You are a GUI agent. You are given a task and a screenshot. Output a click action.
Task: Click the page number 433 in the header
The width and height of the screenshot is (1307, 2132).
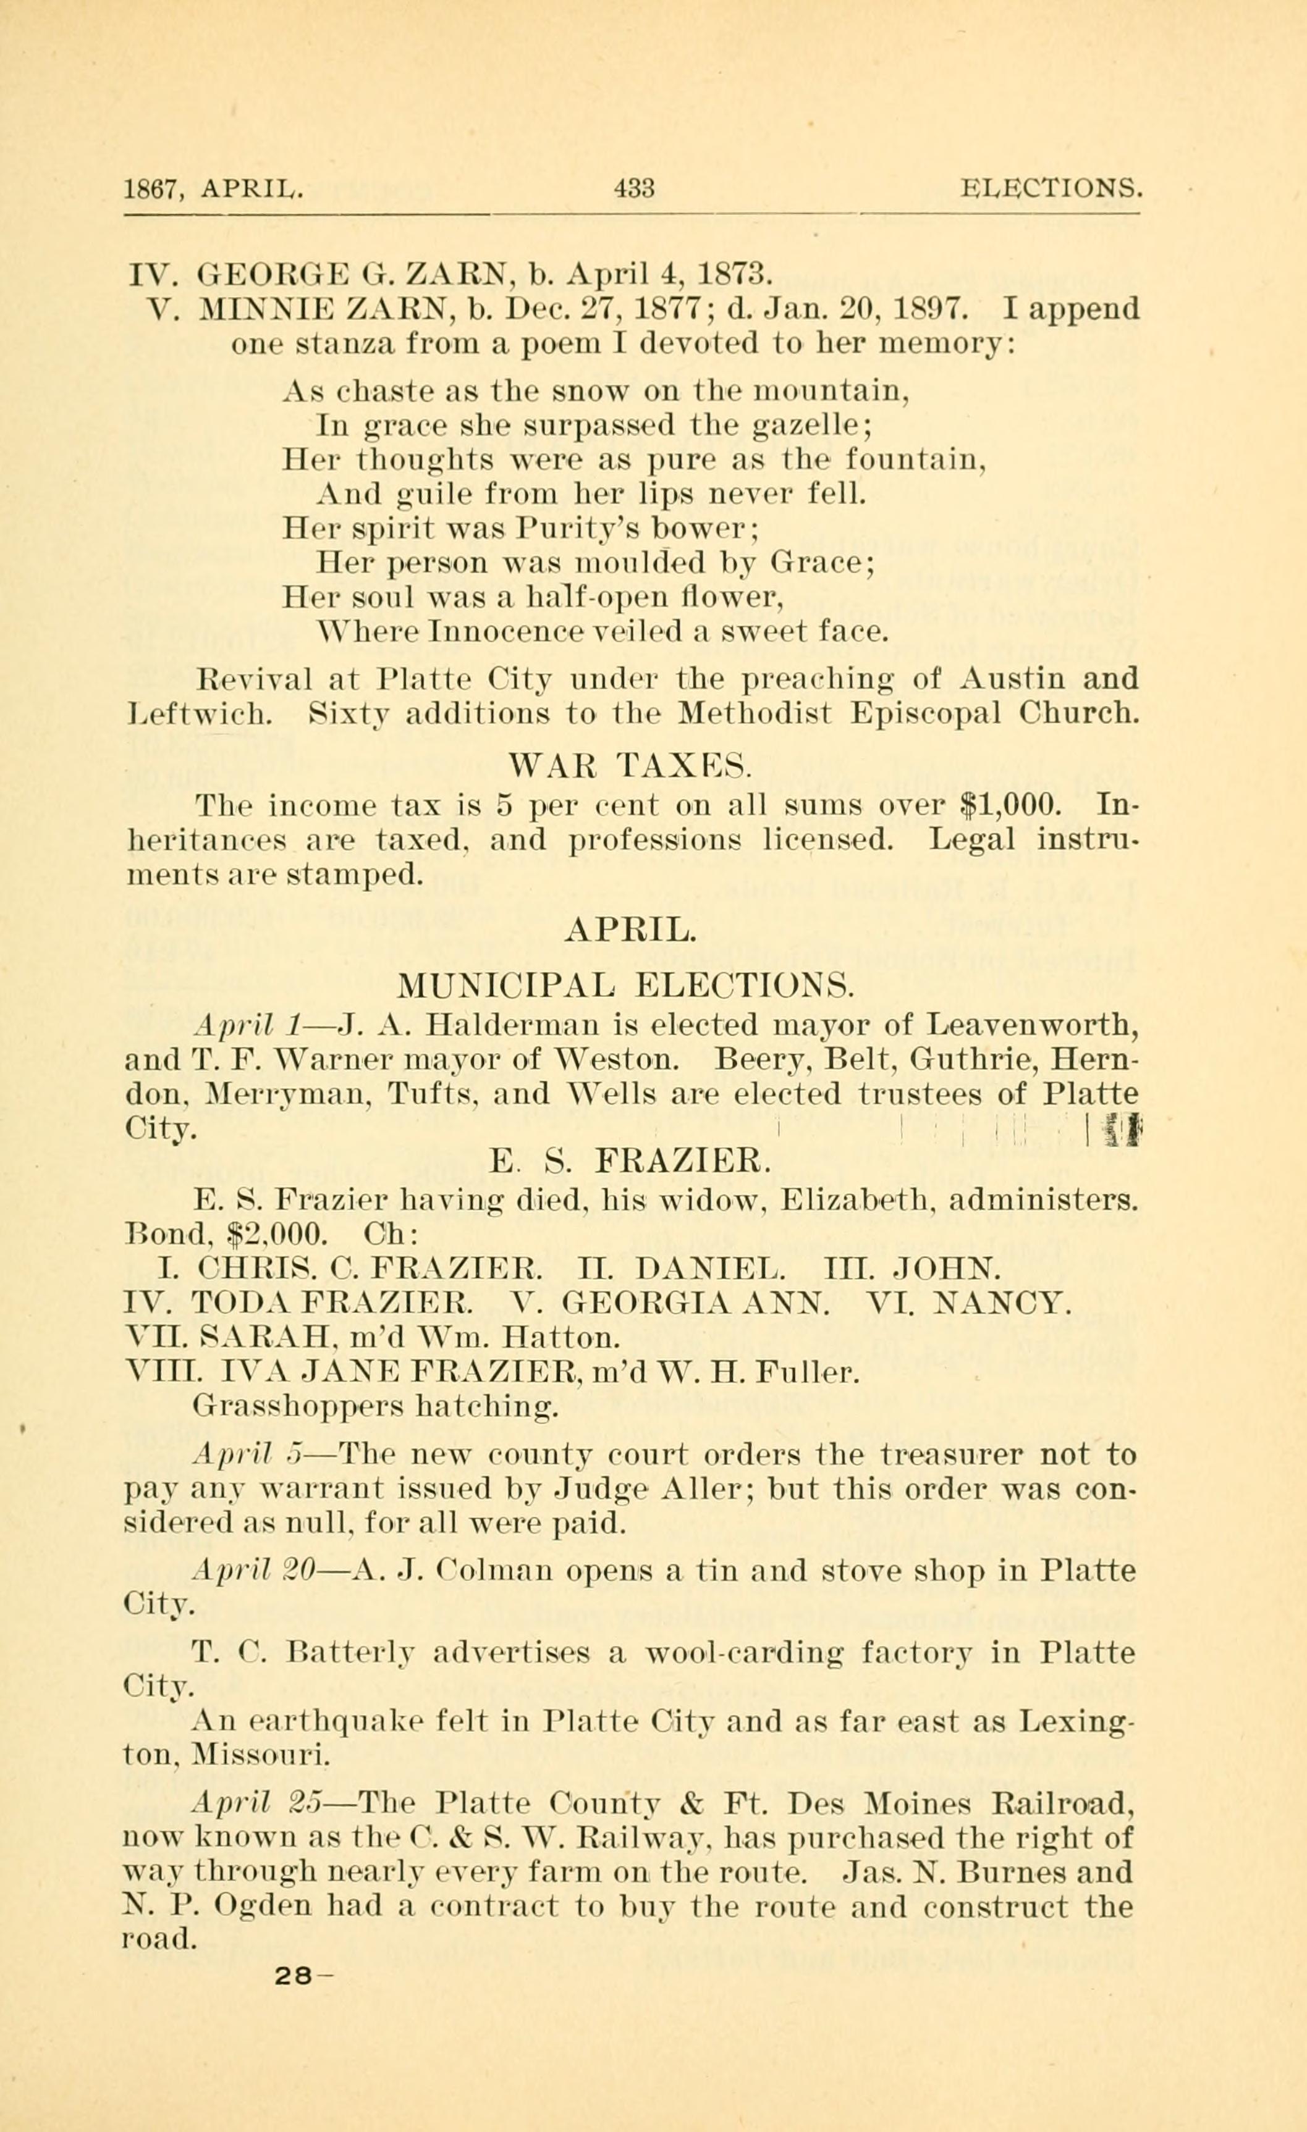pos(633,188)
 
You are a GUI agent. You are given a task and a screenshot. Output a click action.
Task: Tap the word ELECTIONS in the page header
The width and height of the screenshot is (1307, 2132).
pos(1050,188)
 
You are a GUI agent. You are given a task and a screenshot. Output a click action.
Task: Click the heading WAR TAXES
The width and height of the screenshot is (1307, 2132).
pos(631,765)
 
